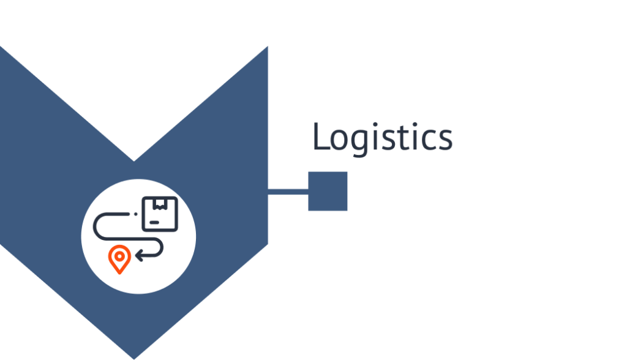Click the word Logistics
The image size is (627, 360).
point(382,137)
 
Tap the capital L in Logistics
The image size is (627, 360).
point(321,137)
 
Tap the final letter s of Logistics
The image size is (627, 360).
point(445,140)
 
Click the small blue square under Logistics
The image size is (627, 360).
point(328,191)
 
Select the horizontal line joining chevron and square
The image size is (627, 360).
point(288,192)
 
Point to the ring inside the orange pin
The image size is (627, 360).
point(119,257)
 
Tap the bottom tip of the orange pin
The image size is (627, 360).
point(119,274)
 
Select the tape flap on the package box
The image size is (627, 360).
point(160,204)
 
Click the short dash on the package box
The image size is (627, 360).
point(154,222)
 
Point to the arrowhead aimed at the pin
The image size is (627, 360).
point(138,255)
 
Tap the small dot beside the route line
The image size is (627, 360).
point(136,214)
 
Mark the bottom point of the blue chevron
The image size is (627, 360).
point(134,359)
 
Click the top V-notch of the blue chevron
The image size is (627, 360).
point(134,161)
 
